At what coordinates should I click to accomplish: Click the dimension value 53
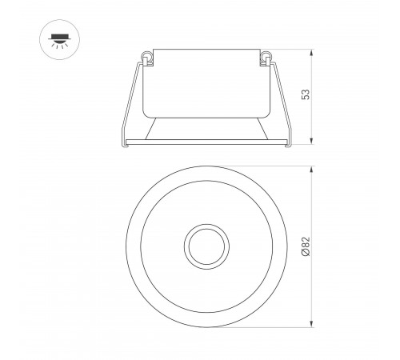pyautogui.click(x=306, y=94)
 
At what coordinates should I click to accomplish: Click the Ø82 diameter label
pyautogui.click(x=306, y=246)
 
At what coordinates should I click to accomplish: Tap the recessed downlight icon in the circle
pyautogui.click(x=59, y=39)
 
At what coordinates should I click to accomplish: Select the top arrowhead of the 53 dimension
pyautogui.click(x=311, y=52)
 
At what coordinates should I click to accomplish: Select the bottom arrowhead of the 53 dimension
pyautogui.click(x=311, y=142)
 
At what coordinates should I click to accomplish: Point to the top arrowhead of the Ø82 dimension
pyautogui.click(x=311, y=170)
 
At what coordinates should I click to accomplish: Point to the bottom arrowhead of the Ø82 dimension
pyautogui.click(x=311, y=324)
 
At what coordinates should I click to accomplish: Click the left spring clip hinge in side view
pyautogui.click(x=147, y=58)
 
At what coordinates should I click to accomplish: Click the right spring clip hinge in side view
pyautogui.click(x=266, y=58)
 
